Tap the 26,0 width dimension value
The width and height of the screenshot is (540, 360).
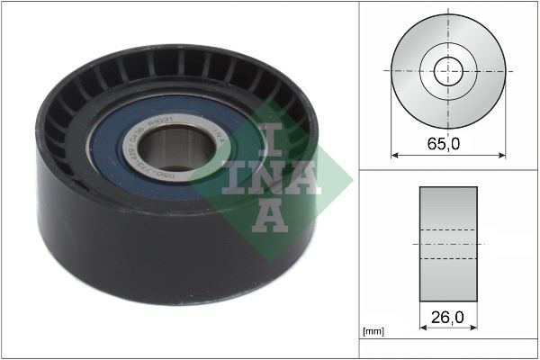point(448,317)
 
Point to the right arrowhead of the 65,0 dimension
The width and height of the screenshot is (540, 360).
point(502,154)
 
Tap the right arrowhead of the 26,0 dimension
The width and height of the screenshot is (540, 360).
point(474,328)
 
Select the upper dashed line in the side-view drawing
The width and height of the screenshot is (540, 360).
point(448,232)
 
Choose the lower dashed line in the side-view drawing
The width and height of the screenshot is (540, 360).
point(448,258)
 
